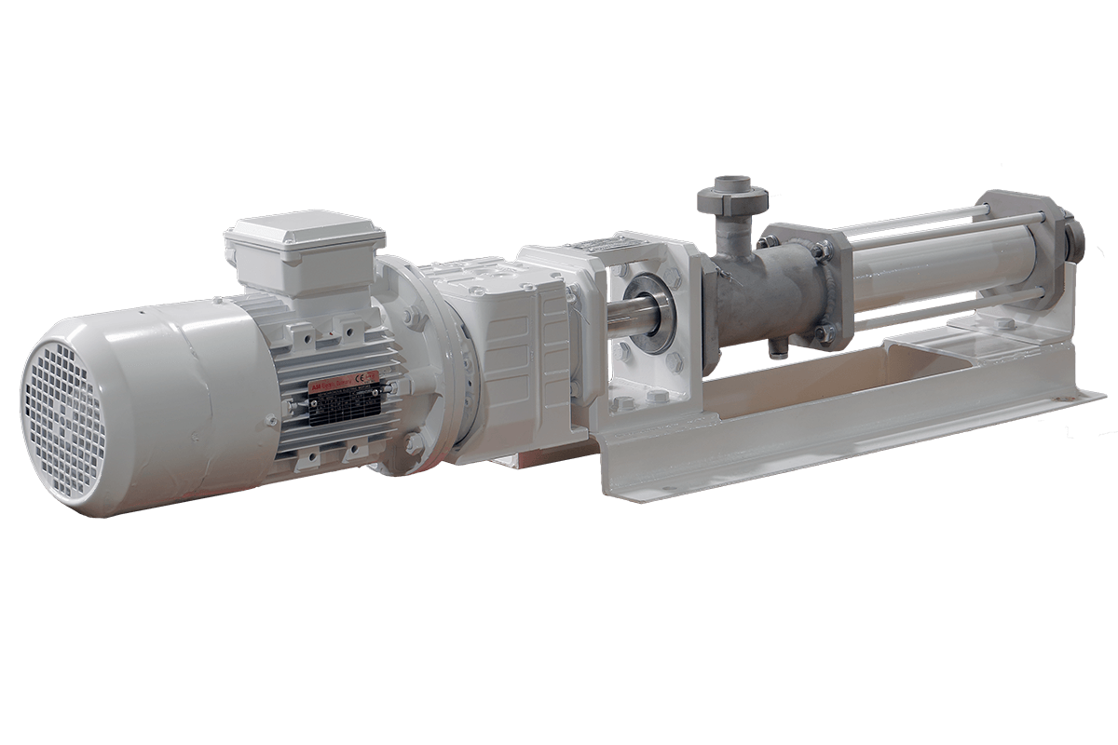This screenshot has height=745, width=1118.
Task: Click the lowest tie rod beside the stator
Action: pyautogui.click(x=932, y=305)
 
